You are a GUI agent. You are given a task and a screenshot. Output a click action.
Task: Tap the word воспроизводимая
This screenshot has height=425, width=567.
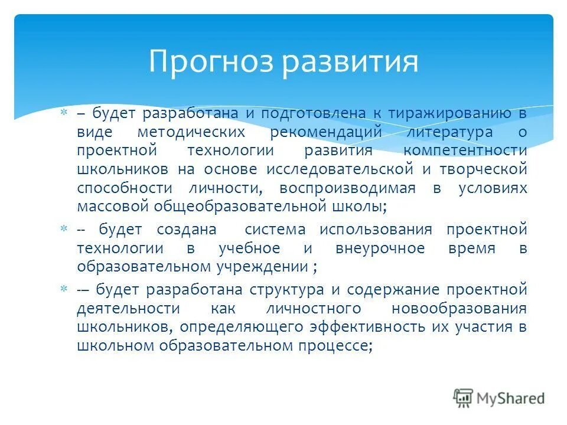[348, 189]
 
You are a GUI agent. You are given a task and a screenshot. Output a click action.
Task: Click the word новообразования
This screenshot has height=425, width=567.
[458, 309]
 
